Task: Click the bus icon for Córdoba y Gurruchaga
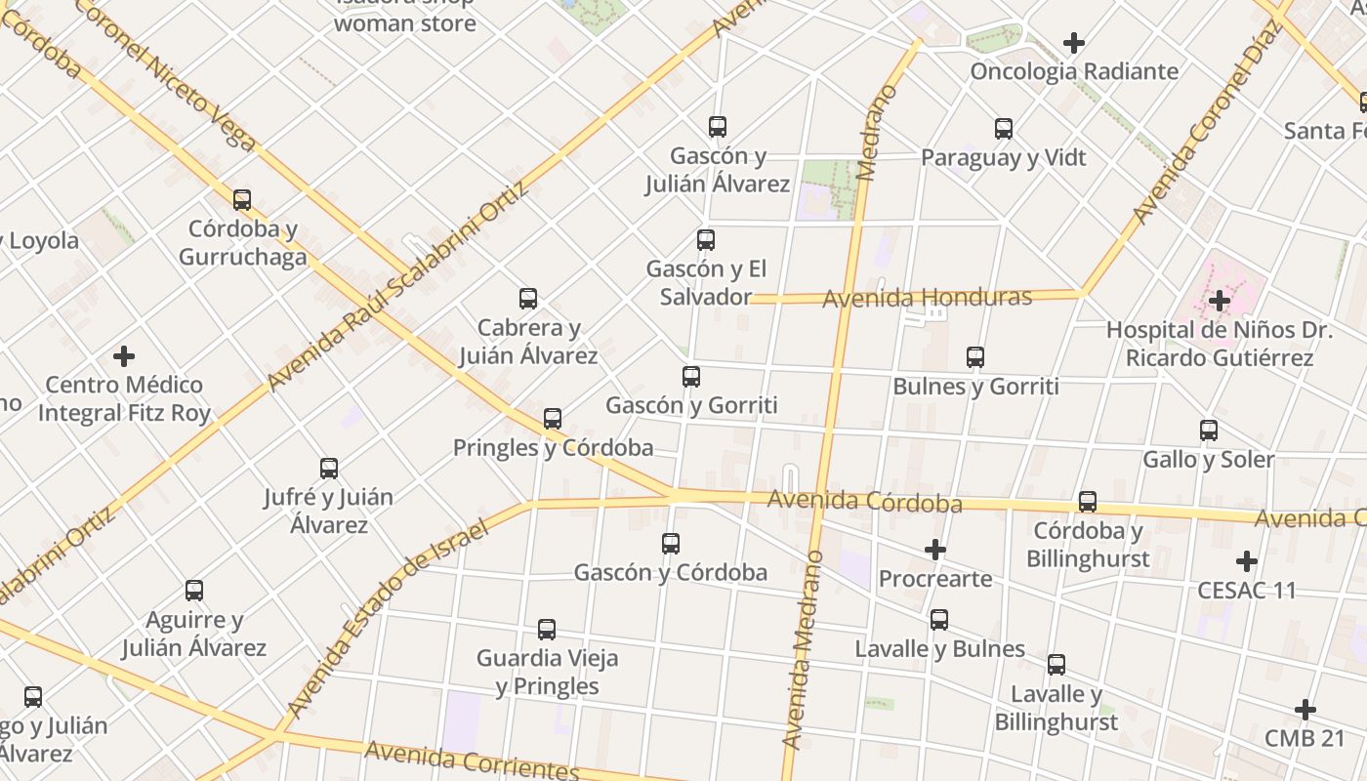pos(242,200)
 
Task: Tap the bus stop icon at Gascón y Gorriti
pos(691,376)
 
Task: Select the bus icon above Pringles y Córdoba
pos(553,419)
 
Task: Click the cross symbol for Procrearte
pos(935,550)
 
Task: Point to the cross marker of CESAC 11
pos(1246,561)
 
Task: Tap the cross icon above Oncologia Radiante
pos(1074,43)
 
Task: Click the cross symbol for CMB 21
pos(1305,710)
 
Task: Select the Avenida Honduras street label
pos(927,298)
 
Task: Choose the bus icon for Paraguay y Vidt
pos(1004,128)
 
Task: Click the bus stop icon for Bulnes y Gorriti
pos(975,357)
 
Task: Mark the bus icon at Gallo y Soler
pos(1209,430)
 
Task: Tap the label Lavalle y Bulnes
pos(939,649)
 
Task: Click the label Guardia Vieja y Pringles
pos(547,672)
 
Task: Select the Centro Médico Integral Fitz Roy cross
pos(124,355)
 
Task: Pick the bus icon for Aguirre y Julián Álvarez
pos(194,591)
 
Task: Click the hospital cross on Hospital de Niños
pos(1219,301)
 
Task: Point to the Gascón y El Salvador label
pos(706,282)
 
